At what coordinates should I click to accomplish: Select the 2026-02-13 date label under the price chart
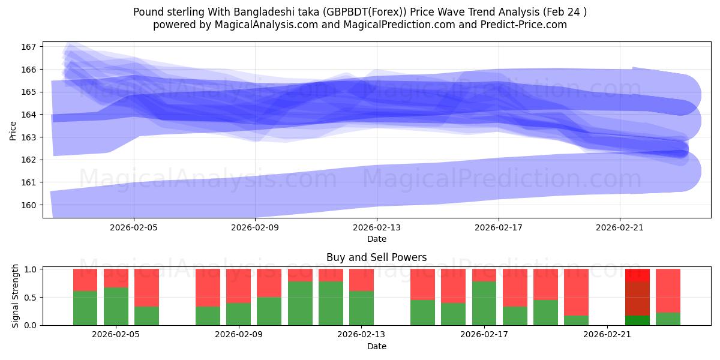pyautogui.click(x=377, y=227)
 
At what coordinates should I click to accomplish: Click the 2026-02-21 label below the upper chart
pyautogui.click(x=620, y=227)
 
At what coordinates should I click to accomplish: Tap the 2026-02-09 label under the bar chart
pyautogui.click(x=239, y=334)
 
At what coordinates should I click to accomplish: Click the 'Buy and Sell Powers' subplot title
pyautogui.click(x=377, y=257)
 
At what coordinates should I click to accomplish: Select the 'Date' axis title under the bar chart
pyautogui.click(x=377, y=346)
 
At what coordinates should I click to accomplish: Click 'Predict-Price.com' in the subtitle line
pyautogui.click(x=524, y=25)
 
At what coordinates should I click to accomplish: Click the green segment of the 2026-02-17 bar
pyautogui.click(x=484, y=303)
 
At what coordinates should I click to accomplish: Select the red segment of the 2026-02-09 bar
pyautogui.click(x=239, y=286)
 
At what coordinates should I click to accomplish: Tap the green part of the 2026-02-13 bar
pyautogui.click(x=361, y=308)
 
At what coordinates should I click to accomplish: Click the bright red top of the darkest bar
pyautogui.click(x=637, y=275)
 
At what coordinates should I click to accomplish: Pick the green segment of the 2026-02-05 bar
pyautogui.click(x=116, y=306)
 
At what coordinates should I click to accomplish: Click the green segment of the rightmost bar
pyautogui.click(x=668, y=319)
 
